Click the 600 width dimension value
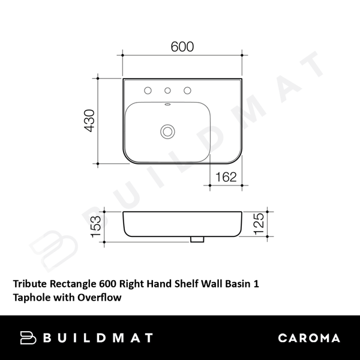182,47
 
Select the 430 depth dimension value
89,121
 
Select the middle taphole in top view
168,91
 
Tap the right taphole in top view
188,91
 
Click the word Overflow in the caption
99,296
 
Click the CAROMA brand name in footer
309,338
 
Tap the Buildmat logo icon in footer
28,338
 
